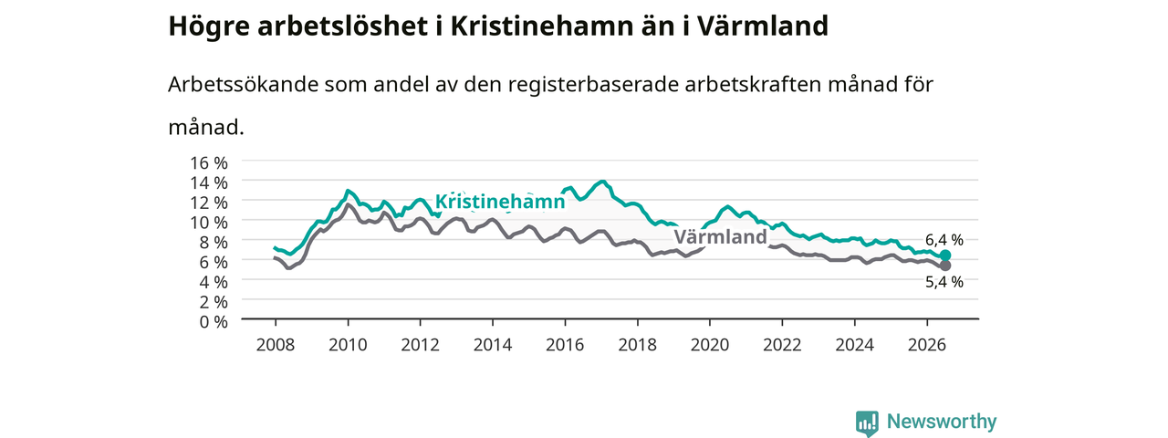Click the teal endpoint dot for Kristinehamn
pos(944,255)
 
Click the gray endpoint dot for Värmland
pos(944,266)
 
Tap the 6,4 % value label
pos(944,240)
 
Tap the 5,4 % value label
pos(944,282)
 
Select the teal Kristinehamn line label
pos(499,202)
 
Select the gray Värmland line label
pos(720,236)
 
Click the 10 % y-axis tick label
pos(209,223)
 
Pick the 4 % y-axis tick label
pos(214,282)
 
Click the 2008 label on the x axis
pos(276,345)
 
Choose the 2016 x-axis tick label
pos(565,345)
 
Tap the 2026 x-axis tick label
pos(926,345)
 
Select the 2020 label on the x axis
pos(710,345)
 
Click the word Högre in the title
pos(209,26)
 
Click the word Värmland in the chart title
pos(763,26)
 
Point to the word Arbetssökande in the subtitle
pos(243,84)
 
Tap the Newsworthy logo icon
pos(867,422)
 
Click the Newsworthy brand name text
pos(942,422)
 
